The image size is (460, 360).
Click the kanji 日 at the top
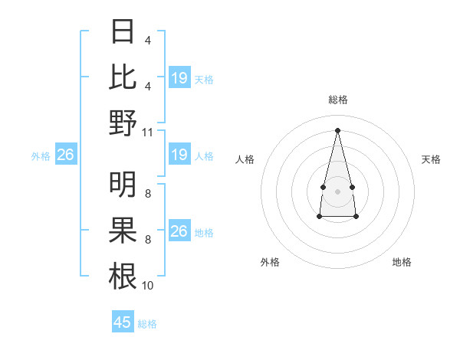pyautogui.click(x=123, y=33)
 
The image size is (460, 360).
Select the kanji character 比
pyautogui.click(x=123, y=77)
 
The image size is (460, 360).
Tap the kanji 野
pyautogui.click(x=123, y=123)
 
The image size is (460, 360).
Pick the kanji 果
pyautogui.click(x=123, y=231)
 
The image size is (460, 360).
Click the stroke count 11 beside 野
pyautogui.click(x=148, y=132)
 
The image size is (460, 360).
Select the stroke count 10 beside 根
pyautogui.click(x=148, y=286)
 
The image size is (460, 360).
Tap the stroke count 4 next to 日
pyautogui.click(x=147, y=41)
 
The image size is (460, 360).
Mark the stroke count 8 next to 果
pyautogui.click(x=147, y=240)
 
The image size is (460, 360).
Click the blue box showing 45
pyautogui.click(x=123, y=322)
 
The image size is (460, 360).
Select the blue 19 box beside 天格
pyautogui.click(x=179, y=78)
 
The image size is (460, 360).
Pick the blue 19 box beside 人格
pyautogui.click(x=179, y=155)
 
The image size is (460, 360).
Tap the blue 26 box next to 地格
pyautogui.click(x=179, y=231)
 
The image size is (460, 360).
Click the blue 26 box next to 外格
pyautogui.click(x=65, y=155)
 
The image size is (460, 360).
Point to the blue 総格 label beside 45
pyautogui.click(x=147, y=324)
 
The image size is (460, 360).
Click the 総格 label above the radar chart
pyautogui.click(x=338, y=100)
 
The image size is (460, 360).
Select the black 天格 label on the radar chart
pyautogui.click(x=432, y=159)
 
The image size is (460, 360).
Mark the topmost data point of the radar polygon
pyautogui.click(x=338, y=129)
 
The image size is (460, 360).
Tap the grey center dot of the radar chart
pyautogui.click(x=337, y=189)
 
